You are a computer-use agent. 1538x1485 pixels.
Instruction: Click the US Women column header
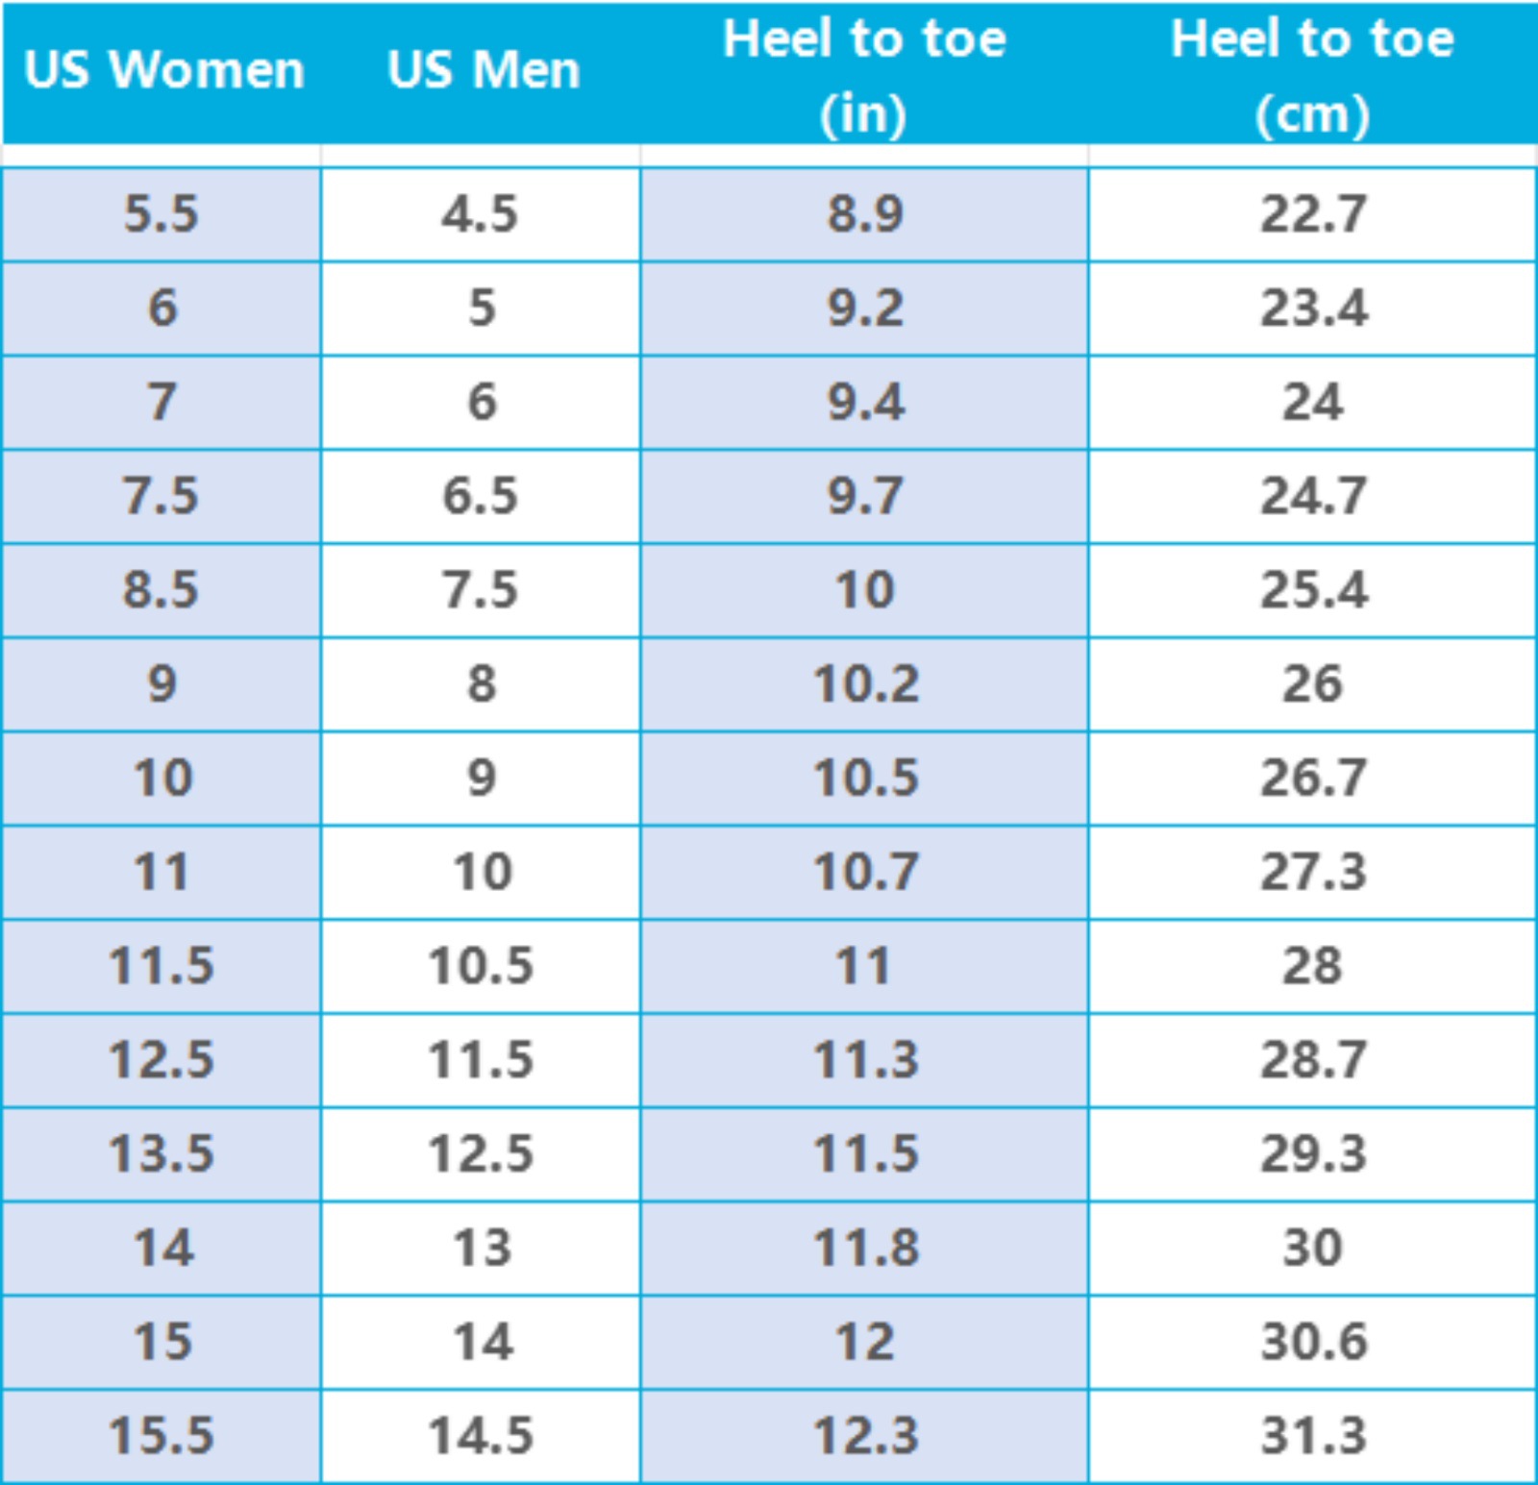pos(163,70)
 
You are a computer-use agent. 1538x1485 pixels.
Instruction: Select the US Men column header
pos(484,70)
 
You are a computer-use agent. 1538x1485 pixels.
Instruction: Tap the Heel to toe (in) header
pos(864,75)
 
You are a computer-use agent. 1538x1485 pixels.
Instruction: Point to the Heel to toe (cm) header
pos(1312,75)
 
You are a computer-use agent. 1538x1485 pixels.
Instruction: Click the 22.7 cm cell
pos(1313,213)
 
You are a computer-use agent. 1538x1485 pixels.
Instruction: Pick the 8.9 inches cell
pos(865,213)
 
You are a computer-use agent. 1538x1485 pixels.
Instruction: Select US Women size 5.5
pos(161,213)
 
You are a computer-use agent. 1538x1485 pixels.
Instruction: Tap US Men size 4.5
pos(480,213)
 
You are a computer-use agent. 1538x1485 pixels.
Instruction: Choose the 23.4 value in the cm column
pos(1313,308)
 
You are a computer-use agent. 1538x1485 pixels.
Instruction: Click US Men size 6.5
pos(480,496)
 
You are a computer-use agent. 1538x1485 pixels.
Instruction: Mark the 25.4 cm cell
pos(1313,589)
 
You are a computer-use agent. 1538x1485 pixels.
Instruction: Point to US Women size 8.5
pos(161,589)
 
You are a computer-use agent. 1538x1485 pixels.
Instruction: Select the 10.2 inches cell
pos(865,683)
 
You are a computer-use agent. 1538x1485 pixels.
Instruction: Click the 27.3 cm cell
pos(1313,872)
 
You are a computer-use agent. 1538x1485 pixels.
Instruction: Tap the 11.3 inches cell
pos(865,1059)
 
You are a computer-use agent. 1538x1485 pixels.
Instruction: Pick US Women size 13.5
pos(161,1153)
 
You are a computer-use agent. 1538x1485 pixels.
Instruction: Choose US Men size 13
pos(482,1248)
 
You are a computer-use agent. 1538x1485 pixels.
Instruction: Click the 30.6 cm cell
pos(1313,1342)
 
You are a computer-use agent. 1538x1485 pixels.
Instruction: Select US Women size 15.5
pos(161,1435)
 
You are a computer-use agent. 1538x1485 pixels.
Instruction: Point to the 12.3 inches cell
pos(865,1435)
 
